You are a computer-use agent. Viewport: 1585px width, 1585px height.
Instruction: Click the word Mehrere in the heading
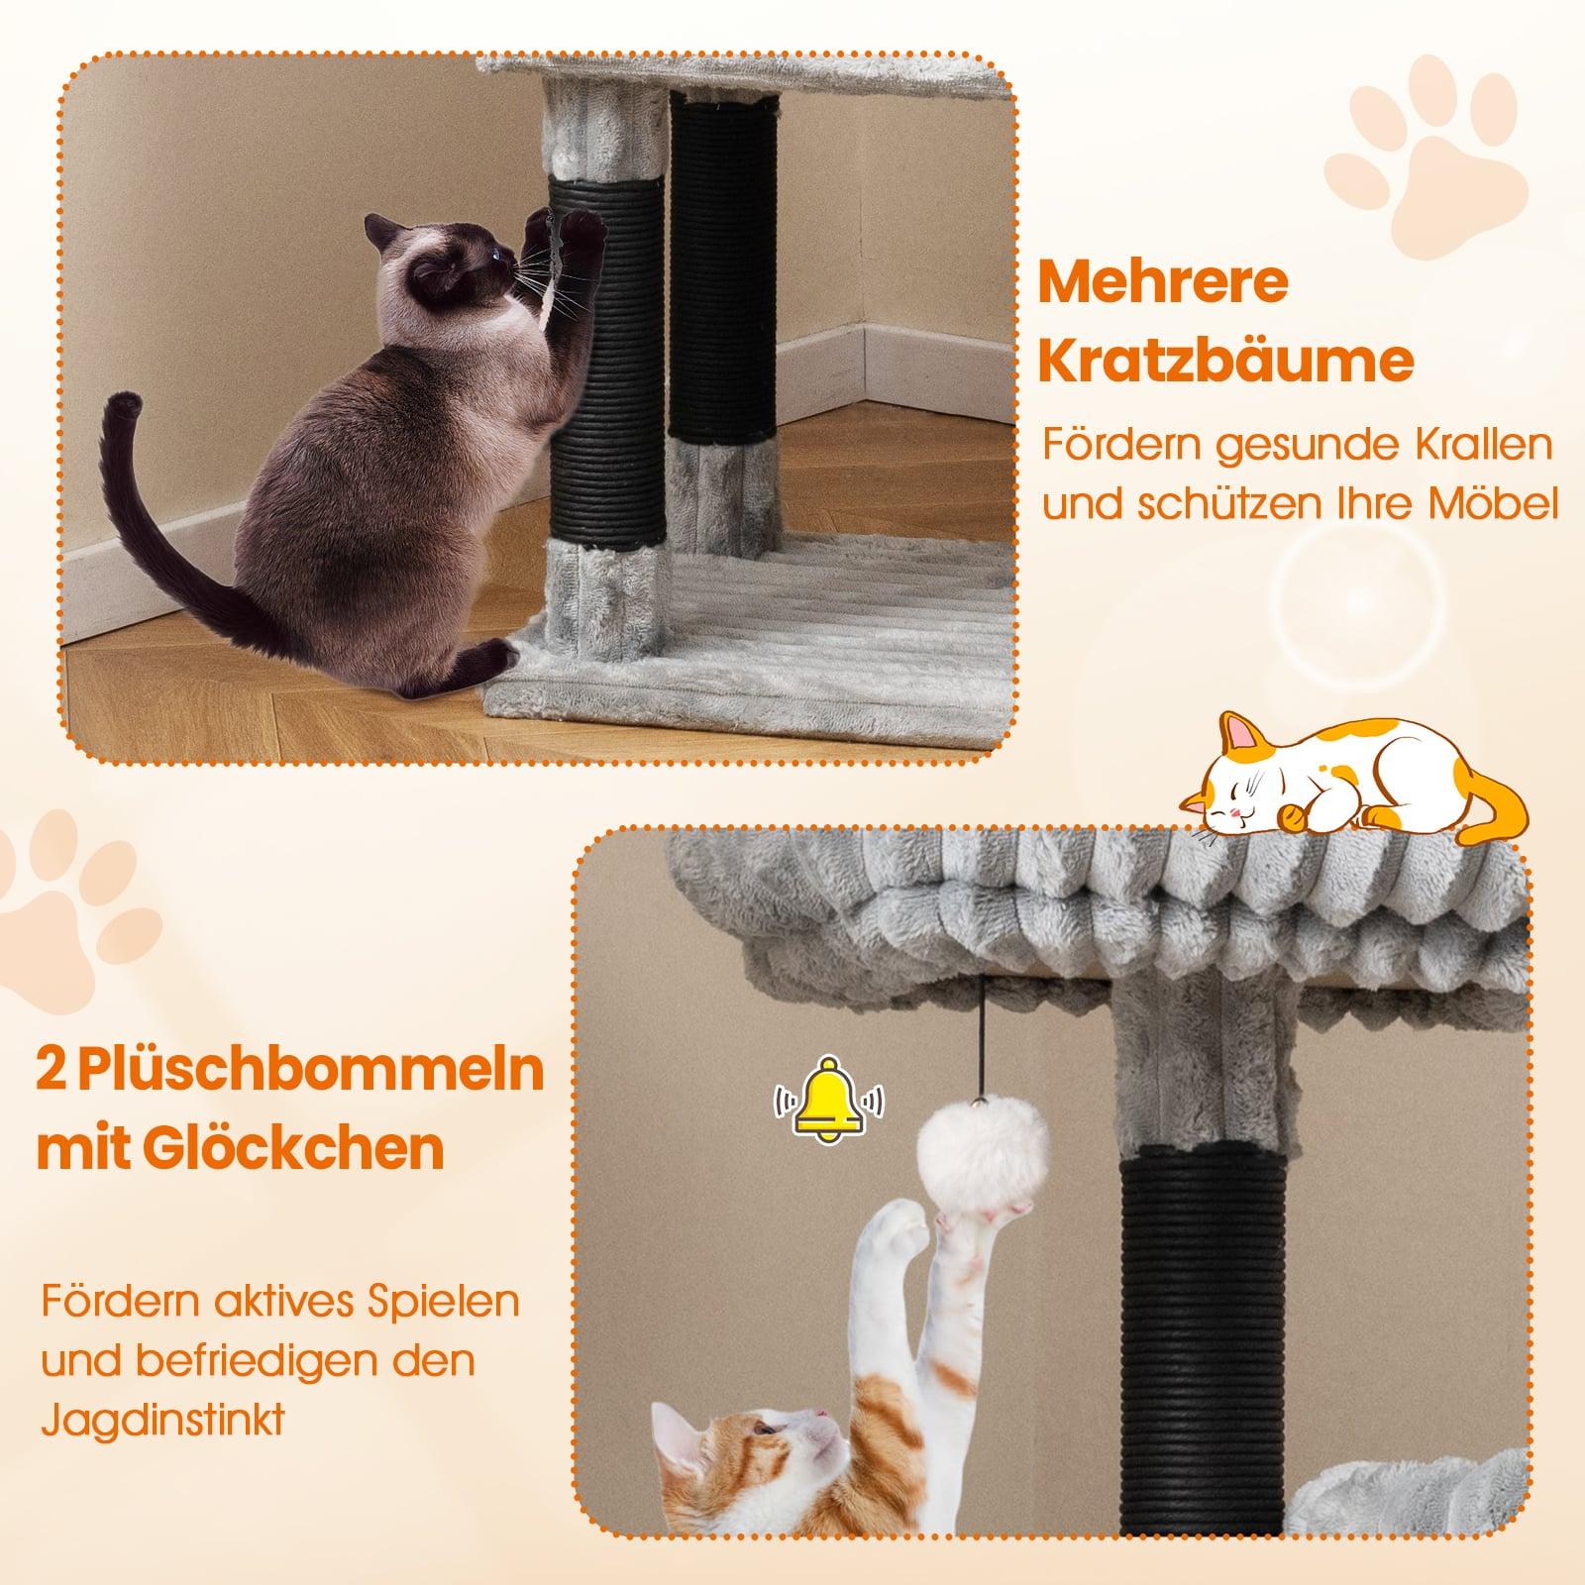tap(1162, 283)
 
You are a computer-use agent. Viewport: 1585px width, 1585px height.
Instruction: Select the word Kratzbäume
tap(1224, 363)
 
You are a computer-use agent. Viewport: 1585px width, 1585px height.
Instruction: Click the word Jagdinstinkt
tap(162, 1420)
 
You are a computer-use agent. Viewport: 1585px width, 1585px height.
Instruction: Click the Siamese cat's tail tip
tap(125, 404)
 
